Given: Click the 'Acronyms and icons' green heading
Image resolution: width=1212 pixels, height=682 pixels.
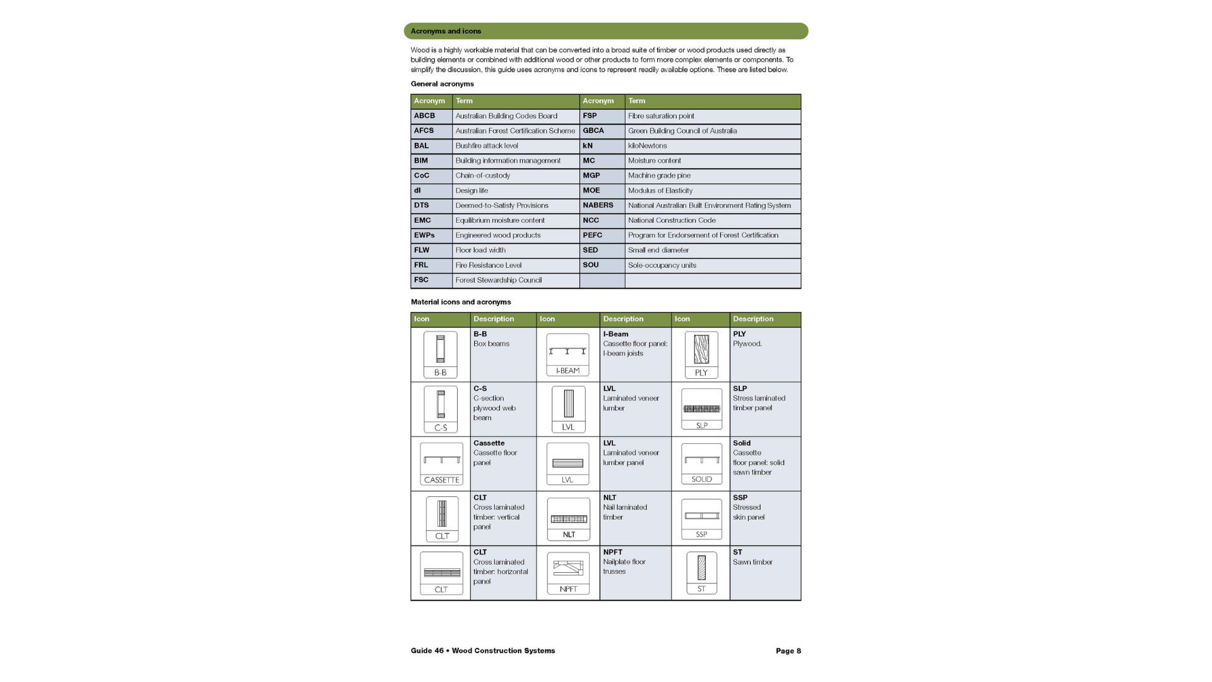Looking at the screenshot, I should coord(446,31).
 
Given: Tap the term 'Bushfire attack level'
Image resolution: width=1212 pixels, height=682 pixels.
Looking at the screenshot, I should coord(487,146).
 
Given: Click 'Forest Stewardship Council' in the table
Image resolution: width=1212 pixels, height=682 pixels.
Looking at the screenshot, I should coord(499,280).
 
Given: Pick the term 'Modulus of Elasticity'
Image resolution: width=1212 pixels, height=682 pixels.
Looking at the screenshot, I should coord(660,191).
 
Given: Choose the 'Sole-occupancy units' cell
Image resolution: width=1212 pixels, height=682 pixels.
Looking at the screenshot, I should coord(662,265).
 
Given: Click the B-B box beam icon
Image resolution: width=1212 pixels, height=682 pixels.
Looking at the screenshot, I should coord(441,355).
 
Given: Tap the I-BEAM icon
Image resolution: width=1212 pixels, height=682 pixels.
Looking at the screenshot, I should coord(567,355).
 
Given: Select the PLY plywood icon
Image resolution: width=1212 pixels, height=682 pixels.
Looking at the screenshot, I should coord(701,355).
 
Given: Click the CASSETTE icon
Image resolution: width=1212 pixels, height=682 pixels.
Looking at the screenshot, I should coord(441,464).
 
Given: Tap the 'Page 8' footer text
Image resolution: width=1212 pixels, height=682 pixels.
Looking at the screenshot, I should coord(788,651).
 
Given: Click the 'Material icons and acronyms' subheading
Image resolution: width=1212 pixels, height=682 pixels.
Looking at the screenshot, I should coord(461,302).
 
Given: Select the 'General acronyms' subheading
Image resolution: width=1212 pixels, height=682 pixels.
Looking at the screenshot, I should coord(442,84).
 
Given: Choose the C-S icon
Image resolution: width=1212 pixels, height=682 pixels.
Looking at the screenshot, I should coord(441,410).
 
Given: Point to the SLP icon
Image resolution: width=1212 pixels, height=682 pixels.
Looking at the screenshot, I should coord(701,410).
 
